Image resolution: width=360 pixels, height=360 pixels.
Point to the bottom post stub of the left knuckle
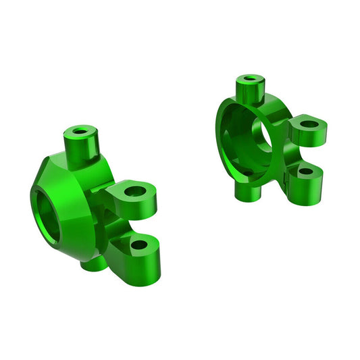point(93,263)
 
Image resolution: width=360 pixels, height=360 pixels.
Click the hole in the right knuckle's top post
point(251,80)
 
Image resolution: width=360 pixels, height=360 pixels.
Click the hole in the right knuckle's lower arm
point(305,171)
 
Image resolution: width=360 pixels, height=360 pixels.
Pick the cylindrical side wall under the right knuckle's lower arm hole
point(307,186)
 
